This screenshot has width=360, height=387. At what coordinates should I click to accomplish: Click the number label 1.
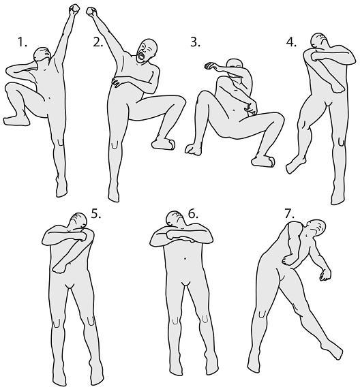tap(22, 42)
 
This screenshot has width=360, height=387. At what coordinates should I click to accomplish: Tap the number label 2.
tap(97, 42)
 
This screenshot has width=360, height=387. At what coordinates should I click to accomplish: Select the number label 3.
tap(195, 42)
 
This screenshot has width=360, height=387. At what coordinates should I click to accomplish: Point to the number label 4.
tap(291, 42)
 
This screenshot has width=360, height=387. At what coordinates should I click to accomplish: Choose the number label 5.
tap(96, 213)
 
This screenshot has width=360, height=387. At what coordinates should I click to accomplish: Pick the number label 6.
tap(193, 213)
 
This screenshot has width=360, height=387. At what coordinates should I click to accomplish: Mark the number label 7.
tap(290, 213)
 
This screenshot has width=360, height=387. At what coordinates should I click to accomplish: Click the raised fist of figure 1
tap(74, 10)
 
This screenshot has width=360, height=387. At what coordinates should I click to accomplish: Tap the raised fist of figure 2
tap(91, 12)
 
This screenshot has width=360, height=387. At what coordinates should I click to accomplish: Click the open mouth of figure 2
tap(141, 55)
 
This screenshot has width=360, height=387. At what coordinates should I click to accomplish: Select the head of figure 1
tap(42, 54)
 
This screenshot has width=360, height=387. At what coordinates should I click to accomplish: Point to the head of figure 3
tap(235, 63)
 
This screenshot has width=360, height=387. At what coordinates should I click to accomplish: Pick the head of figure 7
tap(316, 227)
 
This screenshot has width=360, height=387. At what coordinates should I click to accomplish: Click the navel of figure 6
tap(185, 258)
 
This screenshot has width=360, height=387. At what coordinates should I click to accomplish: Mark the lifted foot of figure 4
tap(295, 164)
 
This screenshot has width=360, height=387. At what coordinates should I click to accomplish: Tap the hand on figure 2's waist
tap(118, 82)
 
